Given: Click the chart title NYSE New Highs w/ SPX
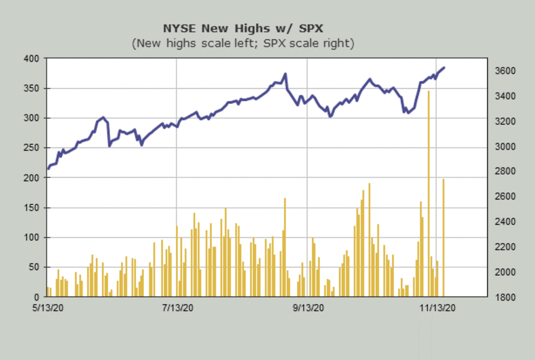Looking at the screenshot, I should coord(243,29).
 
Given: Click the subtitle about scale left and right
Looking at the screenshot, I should coord(243,44).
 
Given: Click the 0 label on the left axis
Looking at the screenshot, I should coord(37,297).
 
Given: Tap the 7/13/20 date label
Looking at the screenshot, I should coord(177,308).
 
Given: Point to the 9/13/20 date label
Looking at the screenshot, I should coord(308,308).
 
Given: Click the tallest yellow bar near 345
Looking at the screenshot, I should coord(428,192).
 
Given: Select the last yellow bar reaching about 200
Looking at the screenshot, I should coord(443,236).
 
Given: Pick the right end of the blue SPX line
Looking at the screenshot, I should coord(444,67).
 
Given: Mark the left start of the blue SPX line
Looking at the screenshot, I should coord(48,169).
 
